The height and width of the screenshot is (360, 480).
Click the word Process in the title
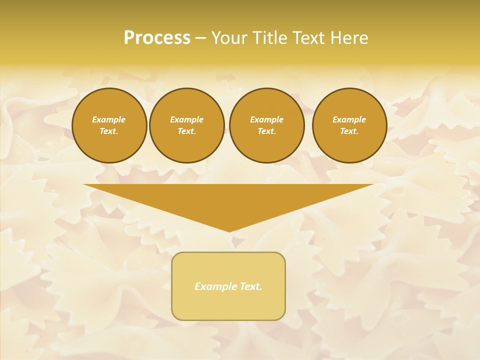point(157,38)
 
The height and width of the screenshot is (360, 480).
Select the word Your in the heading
point(230,38)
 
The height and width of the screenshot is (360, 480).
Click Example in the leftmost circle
point(109,119)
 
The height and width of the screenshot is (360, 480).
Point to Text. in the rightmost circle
point(349,131)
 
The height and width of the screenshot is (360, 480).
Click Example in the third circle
point(267,119)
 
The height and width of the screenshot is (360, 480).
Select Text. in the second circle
point(187,131)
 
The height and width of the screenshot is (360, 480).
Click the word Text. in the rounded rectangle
point(251,286)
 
